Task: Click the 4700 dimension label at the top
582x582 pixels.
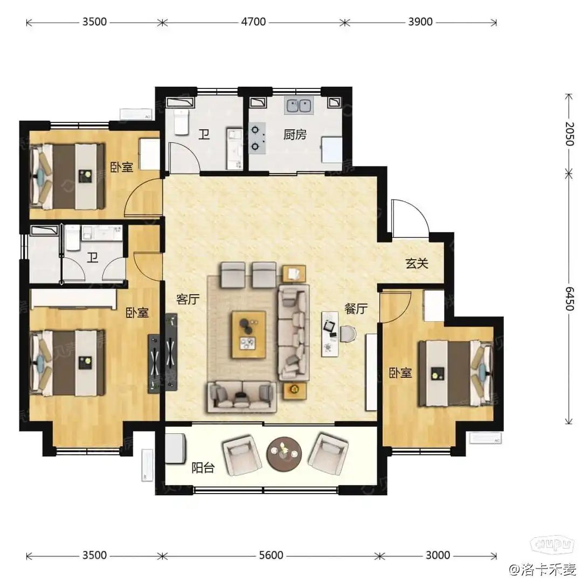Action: (253, 22)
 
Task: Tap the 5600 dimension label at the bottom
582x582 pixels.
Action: (271, 555)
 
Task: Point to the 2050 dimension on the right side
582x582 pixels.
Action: (569, 134)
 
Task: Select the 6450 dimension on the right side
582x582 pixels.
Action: (569, 299)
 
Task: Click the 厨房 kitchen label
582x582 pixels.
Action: (295, 134)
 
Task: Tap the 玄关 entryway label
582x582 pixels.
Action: (417, 263)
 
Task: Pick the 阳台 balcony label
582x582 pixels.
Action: (203, 468)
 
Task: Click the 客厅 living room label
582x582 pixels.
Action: (188, 299)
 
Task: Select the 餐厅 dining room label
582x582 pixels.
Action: (356, 308)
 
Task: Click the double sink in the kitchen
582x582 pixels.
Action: (299, 105)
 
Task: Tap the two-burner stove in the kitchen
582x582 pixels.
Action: (257, 138)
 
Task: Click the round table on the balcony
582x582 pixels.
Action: (284, 454)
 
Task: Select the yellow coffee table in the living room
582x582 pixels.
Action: (249, 335)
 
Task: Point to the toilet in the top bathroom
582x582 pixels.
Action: (182, 122)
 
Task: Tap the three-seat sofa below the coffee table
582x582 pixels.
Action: (242, 397)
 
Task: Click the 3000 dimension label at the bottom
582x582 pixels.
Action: (438, 555)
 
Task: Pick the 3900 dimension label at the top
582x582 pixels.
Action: (420, 22)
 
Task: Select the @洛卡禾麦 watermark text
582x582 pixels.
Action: (543, 569)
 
